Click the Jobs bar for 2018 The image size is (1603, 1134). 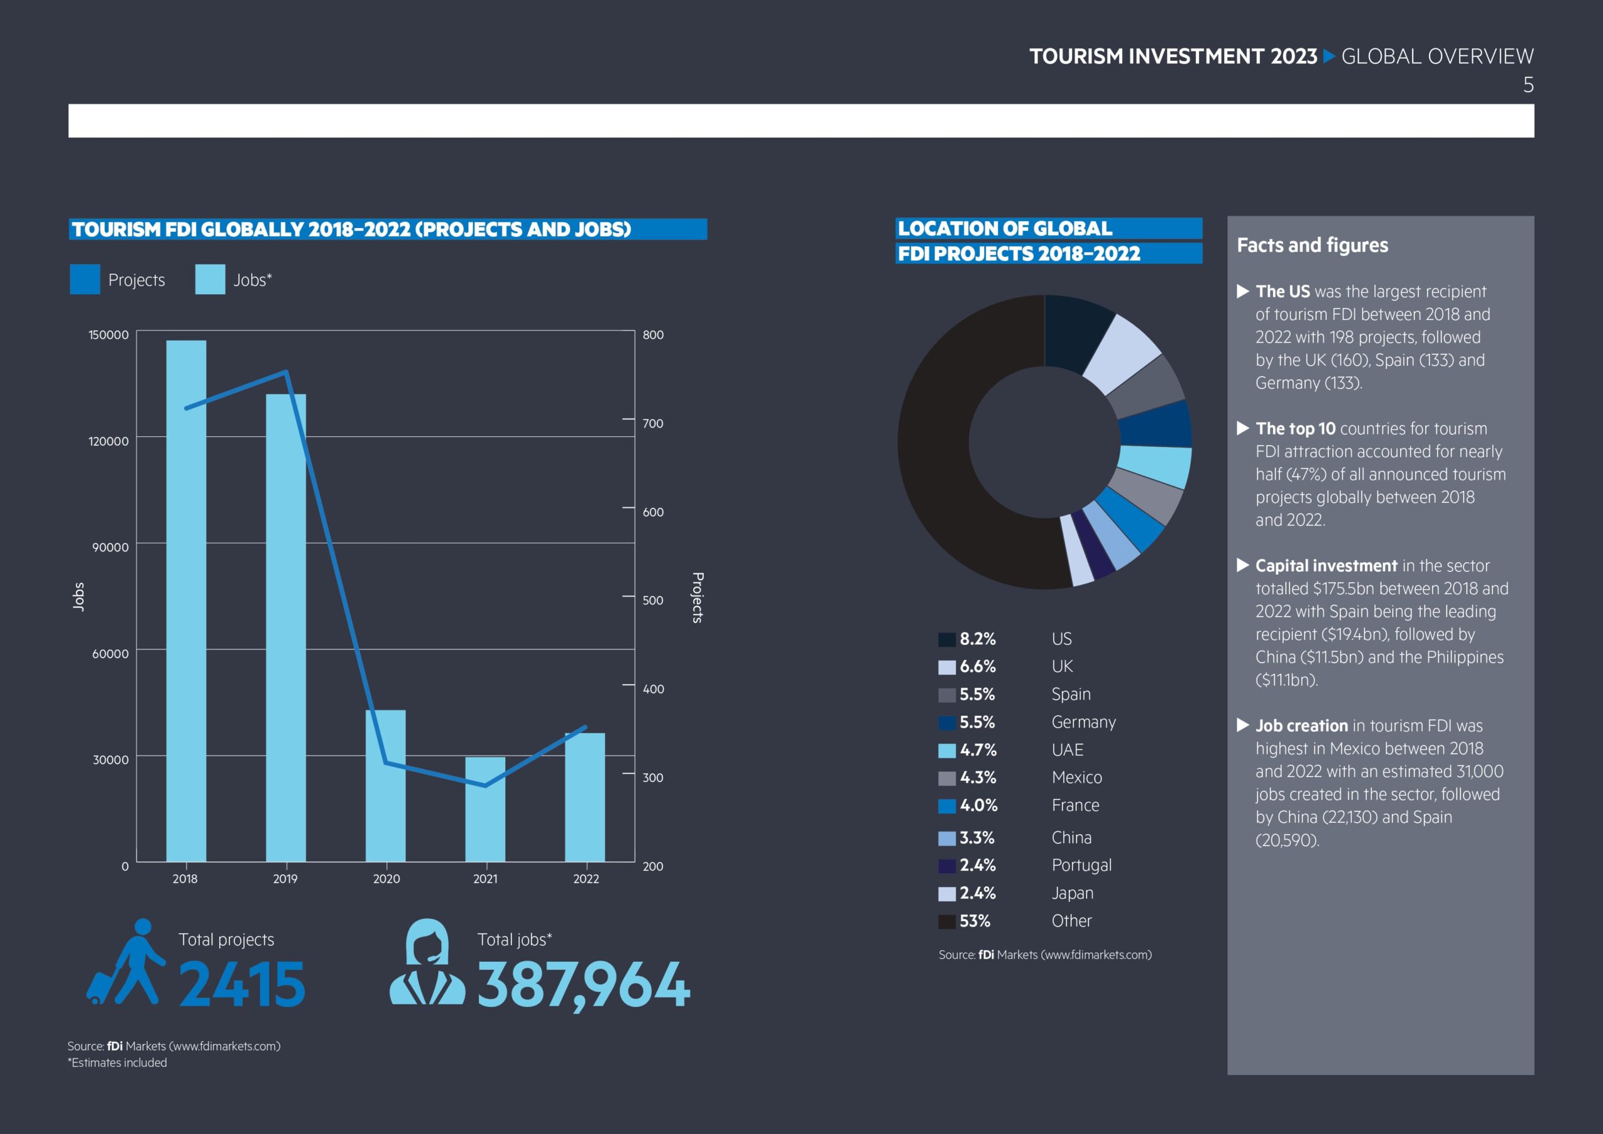click(x=186, y=601)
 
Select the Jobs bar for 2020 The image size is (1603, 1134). click(x=385, y=786)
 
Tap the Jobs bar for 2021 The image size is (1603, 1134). click(x=485, y=809)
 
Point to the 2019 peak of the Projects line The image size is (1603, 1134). click(x=286, y=371)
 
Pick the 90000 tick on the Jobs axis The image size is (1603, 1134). click(x=110, y=547)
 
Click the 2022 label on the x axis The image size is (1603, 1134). click(x=585, y=879)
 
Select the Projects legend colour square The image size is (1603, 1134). click(x=85, y=279)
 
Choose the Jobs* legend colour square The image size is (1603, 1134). click(x=210, y=279)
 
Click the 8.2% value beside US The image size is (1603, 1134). click(x=977, y=639)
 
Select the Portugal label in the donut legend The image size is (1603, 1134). click(x=1081, y=865)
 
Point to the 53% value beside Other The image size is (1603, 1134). click(x=975, y=921)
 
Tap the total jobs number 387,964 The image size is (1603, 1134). click(x=584, y=984)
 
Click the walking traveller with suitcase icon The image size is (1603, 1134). click(x=126, y=962)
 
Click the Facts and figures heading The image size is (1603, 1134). click(x=1312, y=245)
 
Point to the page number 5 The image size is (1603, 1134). click(x=1528, y=85)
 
